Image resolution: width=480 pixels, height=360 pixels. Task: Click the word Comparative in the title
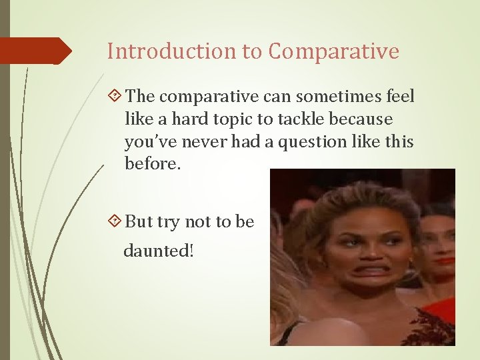click(335, 51)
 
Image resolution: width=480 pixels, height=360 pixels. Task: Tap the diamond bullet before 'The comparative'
click(115, 97)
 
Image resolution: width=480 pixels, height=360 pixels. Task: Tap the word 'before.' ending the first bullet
click(153, 163)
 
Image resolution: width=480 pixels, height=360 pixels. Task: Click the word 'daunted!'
click(158, 252)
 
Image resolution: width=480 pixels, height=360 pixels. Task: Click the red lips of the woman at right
click(444, 261)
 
